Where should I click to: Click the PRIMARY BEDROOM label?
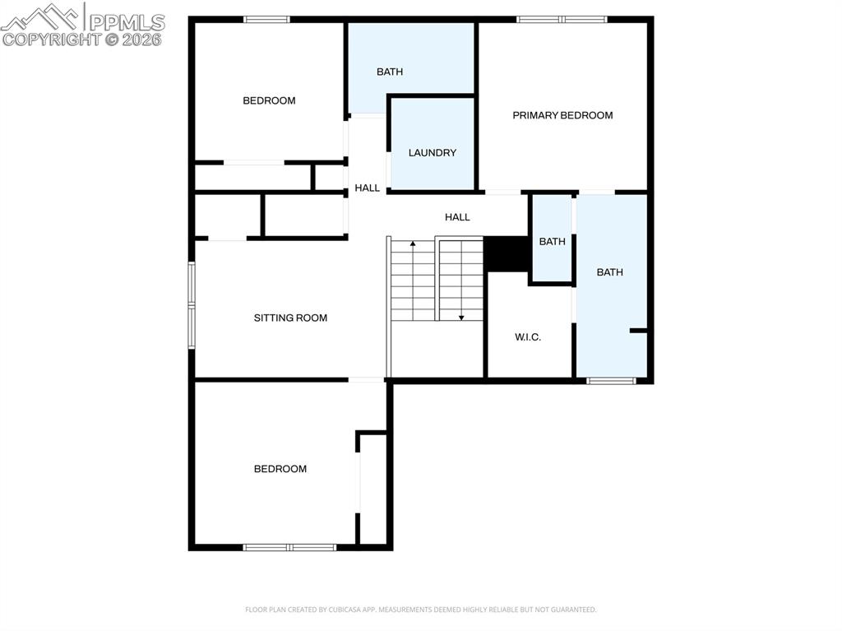point(562,115)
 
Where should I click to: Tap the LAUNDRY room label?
point(432,152)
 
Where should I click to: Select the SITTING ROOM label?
point(290,318)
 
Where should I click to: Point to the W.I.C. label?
point(527,336)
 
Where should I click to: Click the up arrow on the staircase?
point(413,244)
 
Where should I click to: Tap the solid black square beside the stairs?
point(506,253)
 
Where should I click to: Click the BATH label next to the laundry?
point(390,72)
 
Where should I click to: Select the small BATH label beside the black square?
point(552,241)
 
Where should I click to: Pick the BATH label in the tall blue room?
point(609,272)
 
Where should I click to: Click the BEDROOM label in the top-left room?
point(269,100)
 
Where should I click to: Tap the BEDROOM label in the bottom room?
point(280,469)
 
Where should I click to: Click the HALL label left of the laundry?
point(367,188)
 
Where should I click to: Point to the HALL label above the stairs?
point(457,217)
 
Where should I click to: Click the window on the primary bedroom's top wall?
point(562,19)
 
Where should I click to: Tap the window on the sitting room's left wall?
point(192,305)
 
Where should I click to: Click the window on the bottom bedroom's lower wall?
point(289,546)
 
